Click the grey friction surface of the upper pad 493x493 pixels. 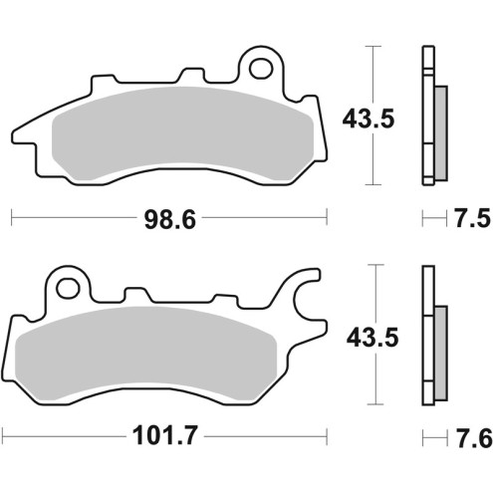pos(184,139)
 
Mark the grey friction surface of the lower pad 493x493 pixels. pos(149,359)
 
